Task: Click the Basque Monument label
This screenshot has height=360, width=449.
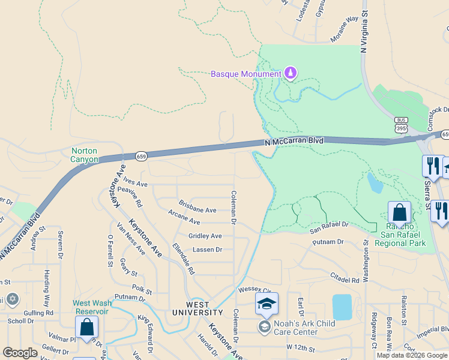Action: point(246,74)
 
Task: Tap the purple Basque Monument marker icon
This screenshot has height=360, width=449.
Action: point(291,73)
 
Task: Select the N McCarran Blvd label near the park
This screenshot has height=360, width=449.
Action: point(294,142)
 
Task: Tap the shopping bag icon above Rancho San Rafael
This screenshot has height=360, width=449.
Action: point(400,213)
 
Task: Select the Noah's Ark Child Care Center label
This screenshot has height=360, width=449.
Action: point(297,328)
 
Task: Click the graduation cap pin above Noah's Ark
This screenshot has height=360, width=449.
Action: point(267,304)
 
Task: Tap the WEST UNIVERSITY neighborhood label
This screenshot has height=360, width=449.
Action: point(197,308)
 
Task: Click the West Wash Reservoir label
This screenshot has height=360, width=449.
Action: point(92,307)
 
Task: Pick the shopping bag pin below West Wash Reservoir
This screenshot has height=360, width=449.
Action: point(86,328)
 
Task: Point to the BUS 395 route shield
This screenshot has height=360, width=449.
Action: point(400,125)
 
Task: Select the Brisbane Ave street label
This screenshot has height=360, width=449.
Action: point(197,211)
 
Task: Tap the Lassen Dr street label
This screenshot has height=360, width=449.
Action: point(207,249)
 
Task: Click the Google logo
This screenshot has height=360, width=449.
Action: point(20,353)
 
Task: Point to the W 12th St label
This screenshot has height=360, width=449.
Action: point(301,347)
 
